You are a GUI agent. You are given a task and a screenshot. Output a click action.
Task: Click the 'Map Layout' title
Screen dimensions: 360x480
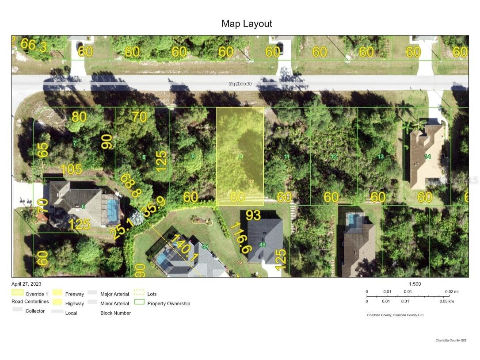[247, 24]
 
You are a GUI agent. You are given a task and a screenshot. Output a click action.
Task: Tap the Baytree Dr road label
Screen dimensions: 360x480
[240, 84]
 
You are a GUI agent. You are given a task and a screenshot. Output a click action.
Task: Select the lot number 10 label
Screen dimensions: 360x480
[240, 157]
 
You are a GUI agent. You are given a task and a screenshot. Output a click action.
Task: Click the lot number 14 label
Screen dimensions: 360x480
[427, 157]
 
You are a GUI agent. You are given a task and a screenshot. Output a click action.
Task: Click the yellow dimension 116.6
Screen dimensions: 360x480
[241, 237]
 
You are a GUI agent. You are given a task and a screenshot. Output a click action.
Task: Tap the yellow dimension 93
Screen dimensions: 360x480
[253, 215]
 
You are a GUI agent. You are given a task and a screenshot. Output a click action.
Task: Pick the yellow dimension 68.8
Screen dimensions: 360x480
[131, 186]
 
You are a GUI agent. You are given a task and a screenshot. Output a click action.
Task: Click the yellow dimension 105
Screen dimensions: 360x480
[71, 169]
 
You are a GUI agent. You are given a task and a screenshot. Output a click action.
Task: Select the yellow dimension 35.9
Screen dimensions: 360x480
[154, 207]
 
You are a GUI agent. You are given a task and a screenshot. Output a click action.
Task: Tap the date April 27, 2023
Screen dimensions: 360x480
[27, 284]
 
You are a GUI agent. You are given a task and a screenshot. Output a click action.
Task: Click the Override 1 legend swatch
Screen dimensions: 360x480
[18, 293]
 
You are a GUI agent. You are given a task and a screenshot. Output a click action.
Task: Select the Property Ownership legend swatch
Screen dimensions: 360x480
[140, 303]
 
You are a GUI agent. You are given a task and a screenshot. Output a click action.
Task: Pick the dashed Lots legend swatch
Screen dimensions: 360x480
[139, 293]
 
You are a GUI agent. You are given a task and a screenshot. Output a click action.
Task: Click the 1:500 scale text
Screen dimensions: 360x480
[415, 284]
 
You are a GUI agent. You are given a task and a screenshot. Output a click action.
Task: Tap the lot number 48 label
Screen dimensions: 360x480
[263, 245]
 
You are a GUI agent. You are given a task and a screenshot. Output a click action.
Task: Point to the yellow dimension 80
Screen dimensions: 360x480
[79, 117]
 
